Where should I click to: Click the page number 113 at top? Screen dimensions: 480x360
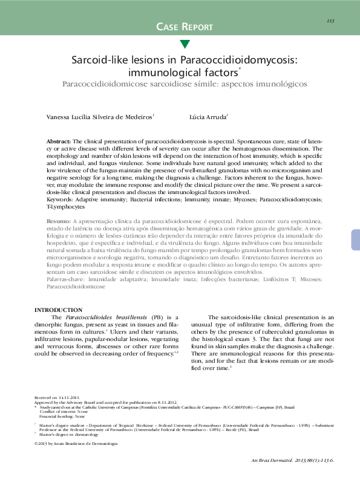[x=330, y=21]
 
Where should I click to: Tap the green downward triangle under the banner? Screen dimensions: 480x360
[x=185, y=44]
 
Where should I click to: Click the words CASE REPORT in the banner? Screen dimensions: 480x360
[x=185, y=27]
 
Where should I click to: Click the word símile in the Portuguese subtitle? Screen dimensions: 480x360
[x=206, y=85]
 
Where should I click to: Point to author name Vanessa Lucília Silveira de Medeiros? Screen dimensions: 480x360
[x=100, y=117]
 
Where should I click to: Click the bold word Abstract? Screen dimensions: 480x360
[x=59, y=140]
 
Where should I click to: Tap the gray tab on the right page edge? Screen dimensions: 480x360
[x=355, y=232]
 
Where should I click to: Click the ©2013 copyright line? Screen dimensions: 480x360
[x=76, y=444]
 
